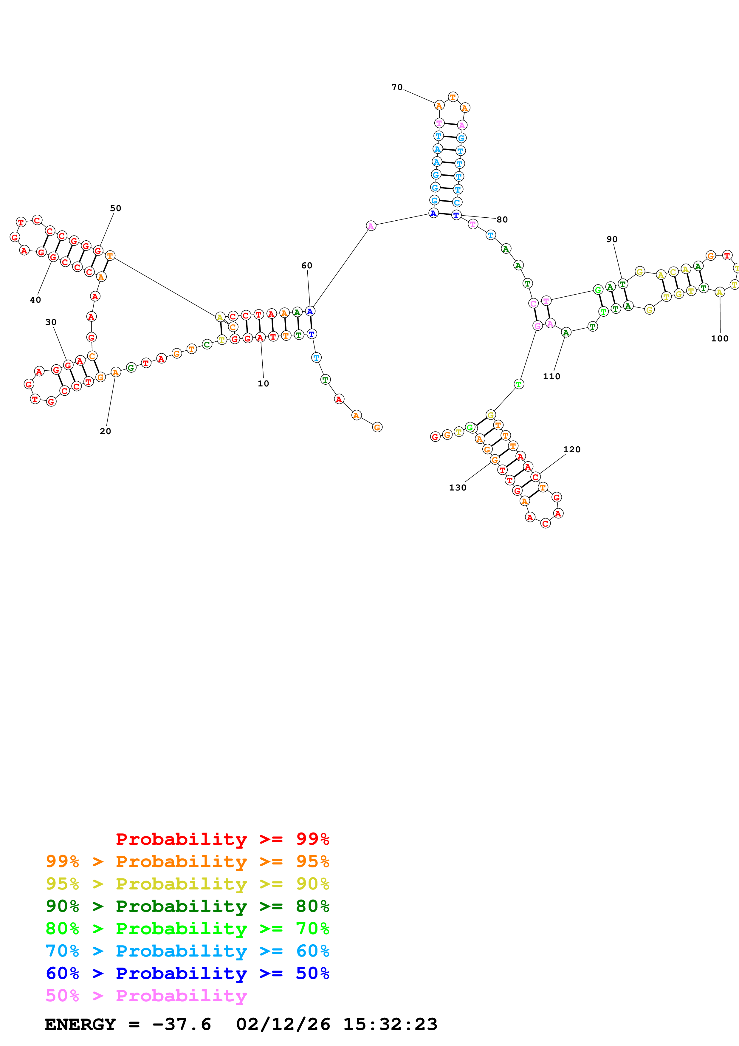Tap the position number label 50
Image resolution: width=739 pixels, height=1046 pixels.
point(116,208)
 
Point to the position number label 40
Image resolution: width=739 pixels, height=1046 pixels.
point(35,300)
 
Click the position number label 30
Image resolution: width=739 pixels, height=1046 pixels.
point(51,322)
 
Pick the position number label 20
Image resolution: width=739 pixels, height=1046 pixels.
point(105,431)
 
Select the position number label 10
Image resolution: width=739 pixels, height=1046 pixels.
point(263,383)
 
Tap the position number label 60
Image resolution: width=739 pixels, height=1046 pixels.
point(307,266)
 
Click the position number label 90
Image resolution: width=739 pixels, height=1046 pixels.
point(612,239)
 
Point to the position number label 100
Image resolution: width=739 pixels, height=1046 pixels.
point(719,338)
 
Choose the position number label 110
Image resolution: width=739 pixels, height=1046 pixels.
point(551,376)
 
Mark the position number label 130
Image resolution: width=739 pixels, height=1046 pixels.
point(458,488)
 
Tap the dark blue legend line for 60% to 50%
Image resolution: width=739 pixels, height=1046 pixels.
point(187,973)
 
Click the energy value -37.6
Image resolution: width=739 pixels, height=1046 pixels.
point(181,1024)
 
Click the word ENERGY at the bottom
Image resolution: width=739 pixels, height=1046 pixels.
point(80,1024)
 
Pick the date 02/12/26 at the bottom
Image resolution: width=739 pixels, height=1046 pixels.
point(283,1024)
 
